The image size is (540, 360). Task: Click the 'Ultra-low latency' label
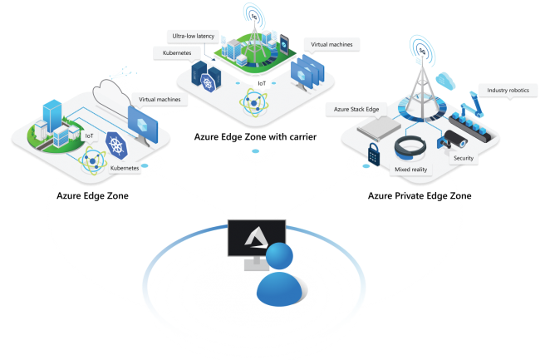194,37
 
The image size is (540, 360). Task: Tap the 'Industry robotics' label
508,91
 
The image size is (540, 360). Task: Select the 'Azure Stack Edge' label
356,109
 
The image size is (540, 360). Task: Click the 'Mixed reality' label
411,170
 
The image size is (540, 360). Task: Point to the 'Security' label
464,158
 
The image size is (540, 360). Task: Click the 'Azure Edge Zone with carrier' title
255,136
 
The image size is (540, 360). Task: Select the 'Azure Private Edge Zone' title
420,195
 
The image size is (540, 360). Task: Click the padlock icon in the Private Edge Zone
374,154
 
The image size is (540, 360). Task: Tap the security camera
452,139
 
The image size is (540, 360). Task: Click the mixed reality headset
410,147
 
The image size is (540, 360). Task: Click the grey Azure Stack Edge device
379,129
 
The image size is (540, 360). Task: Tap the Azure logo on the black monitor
255,238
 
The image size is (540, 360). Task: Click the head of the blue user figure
279,256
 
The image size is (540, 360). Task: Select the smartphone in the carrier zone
284,44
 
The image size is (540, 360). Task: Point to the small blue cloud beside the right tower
445,81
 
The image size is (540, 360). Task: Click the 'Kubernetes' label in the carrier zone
177,52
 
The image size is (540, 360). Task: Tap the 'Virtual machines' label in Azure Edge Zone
160,100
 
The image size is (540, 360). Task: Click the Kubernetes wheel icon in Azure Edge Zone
116,145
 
